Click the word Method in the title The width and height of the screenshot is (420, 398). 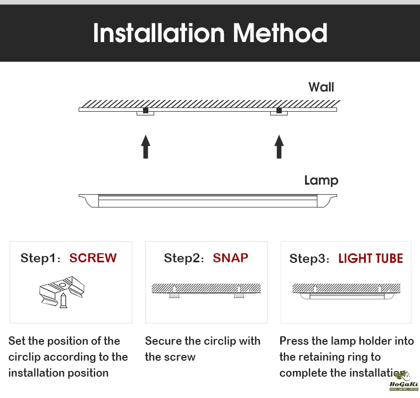pos(280,33)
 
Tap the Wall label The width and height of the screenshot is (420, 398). pos(321,87)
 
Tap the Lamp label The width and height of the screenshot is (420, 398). pos(321,180)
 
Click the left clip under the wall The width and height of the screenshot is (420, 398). pos(145,112)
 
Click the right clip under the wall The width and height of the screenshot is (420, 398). pos(279,112)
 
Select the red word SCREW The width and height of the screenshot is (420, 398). pos(93,258)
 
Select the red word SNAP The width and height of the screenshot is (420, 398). pos(230,258)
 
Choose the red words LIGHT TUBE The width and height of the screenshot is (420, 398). pos(371,259)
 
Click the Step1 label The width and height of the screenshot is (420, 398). pos(41,259)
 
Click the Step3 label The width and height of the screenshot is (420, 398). pos(310,259)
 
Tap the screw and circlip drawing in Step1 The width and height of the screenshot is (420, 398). pos(62,292)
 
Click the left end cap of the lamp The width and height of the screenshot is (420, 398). pos(89,200)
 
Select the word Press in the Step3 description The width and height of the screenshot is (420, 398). pos(294,341)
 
